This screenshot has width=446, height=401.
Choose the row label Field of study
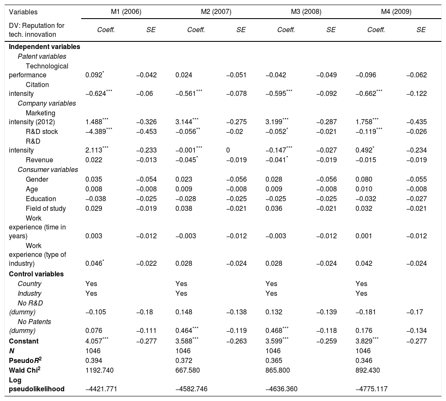pyautogui.click(x=46, y=208)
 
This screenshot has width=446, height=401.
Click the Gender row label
pyautogui.click(x=37, y=179)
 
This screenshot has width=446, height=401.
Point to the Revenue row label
pyautogui.click(x=39, y=160)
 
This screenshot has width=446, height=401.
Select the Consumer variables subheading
pyautogui.click(x=48, y=169)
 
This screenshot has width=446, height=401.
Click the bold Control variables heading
pyautogui.click(x=36, y=274)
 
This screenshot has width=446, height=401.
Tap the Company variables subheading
pyautogui.click(x=47, y=103)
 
